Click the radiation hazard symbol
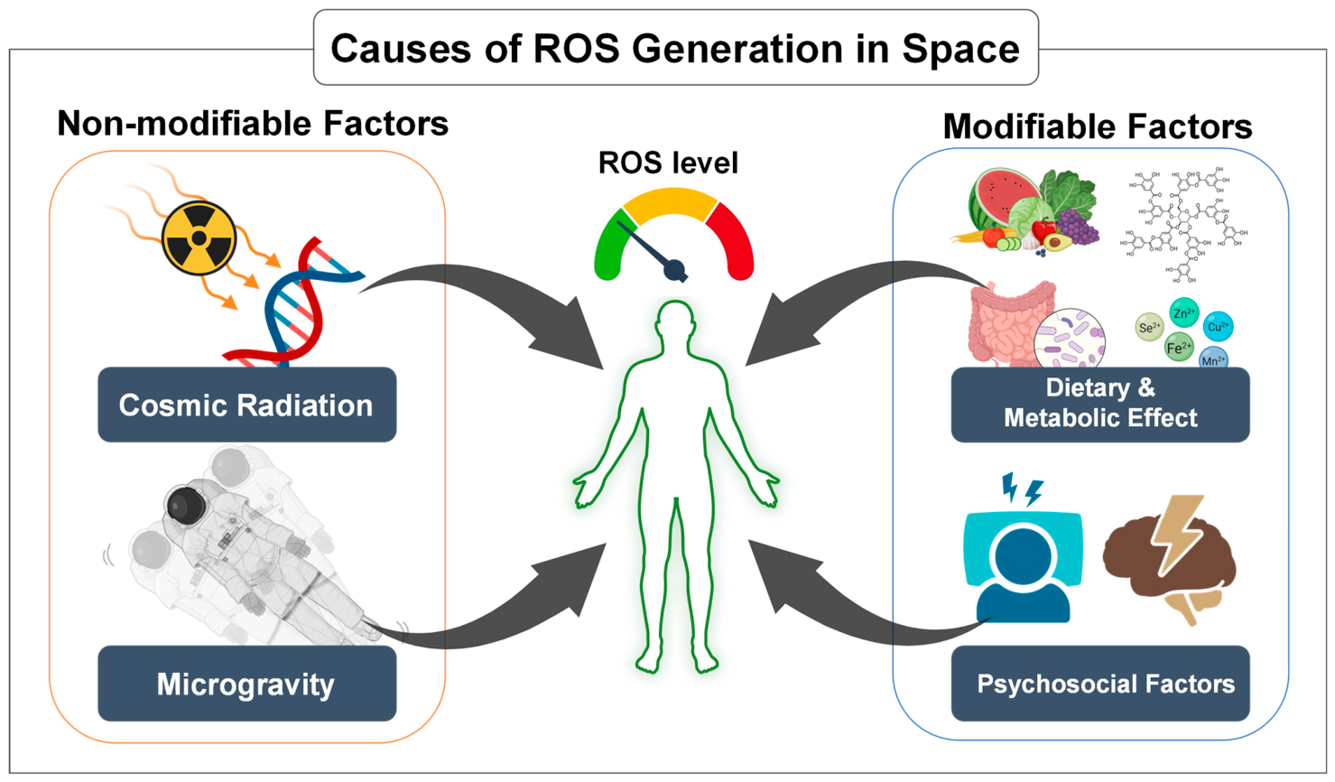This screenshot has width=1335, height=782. click(199, 238)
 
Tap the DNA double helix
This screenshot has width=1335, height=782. click(291, 303)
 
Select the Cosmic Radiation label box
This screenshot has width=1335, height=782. click(246, 405)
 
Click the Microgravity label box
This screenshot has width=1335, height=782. click(246, 684)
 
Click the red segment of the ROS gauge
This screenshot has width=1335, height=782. click(733, 238)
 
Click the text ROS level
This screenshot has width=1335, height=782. click(668, 163)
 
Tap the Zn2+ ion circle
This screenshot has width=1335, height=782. click(1183, 313)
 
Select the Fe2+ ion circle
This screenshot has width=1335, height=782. click(1179, 348)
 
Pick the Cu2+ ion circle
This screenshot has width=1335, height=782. click(1218, 326)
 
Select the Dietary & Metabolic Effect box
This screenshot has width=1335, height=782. click(1100, 404)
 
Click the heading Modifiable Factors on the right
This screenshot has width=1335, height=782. click(1097, 126)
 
